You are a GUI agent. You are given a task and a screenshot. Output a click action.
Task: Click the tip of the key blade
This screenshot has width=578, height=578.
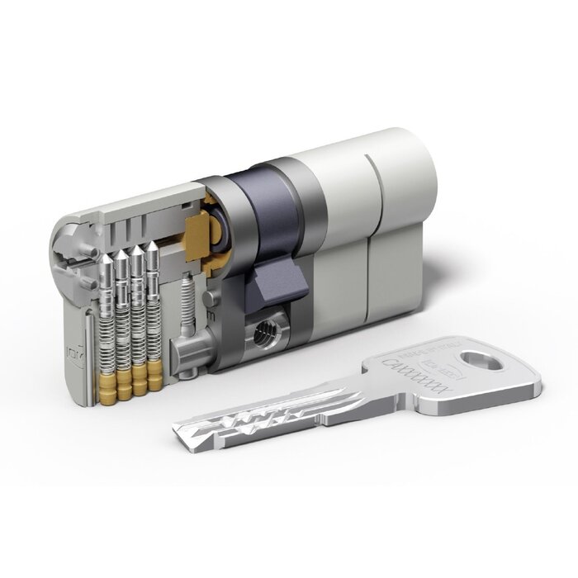point(177,427)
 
